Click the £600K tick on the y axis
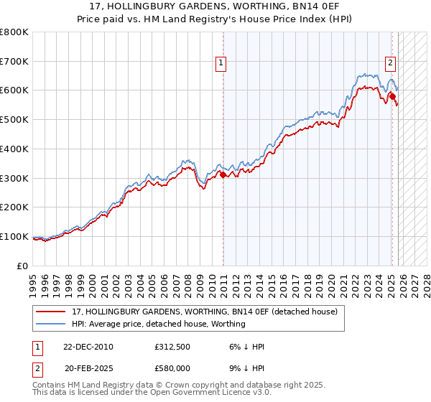point(14,90)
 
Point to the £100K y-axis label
point(14,236)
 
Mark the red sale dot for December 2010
point(223,174)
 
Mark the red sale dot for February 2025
point(392,95)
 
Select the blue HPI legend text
point(159,324)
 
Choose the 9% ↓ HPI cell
point(245,368)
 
